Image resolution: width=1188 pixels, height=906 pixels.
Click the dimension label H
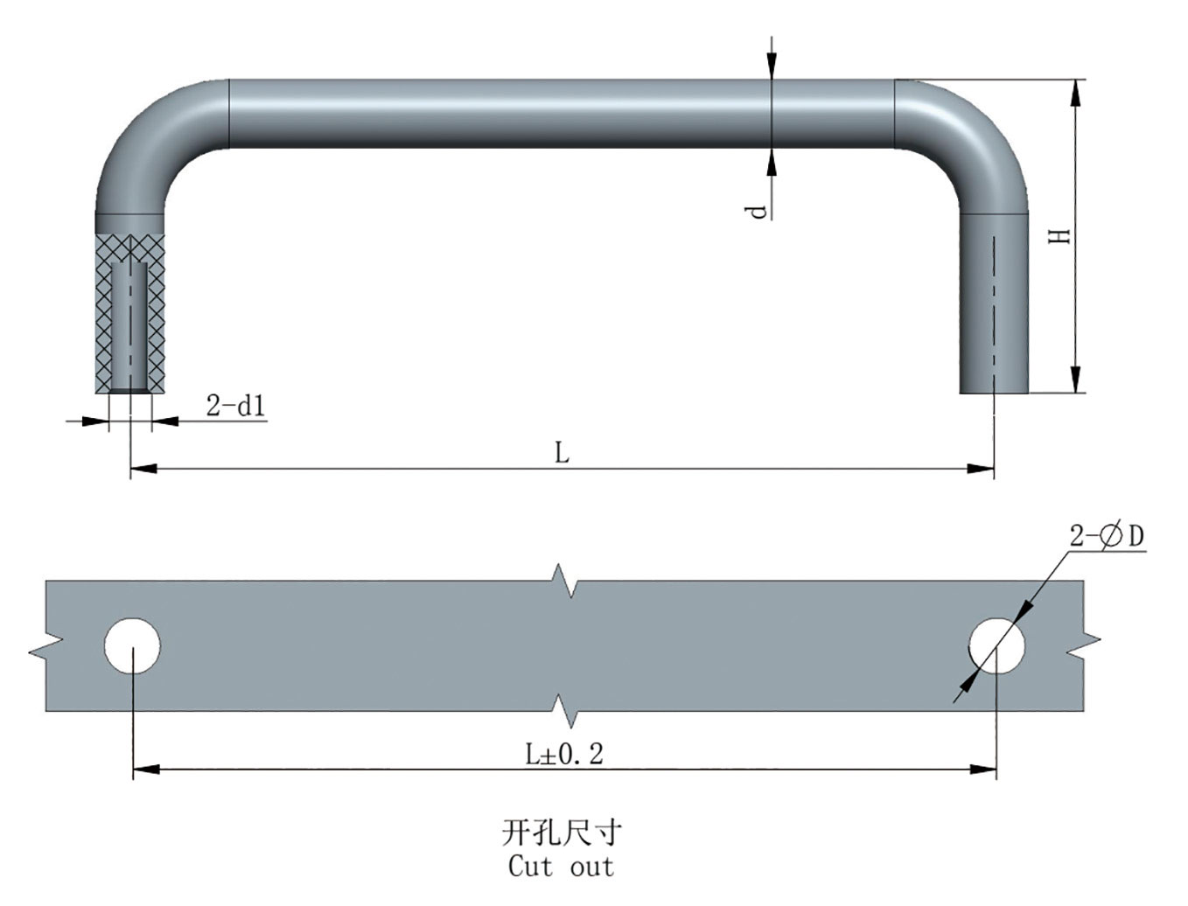coord(1060,235)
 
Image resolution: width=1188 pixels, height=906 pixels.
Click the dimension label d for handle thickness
coord(758,210)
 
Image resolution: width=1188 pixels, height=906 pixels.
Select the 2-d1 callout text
coord(235,407)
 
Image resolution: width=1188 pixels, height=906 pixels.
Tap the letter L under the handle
coord(562,453)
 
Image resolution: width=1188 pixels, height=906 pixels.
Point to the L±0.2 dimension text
coord(564,755)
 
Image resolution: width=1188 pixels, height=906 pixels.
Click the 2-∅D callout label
coord(1107,537)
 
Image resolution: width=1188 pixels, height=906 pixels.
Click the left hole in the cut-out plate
coord(132,646)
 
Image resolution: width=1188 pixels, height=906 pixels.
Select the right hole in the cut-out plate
coord(996,646)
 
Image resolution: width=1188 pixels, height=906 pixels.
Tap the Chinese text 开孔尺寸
coord(562,833)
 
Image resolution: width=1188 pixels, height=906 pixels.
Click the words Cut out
coord(562,868)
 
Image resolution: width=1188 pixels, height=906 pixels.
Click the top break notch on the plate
coord(570,582)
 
